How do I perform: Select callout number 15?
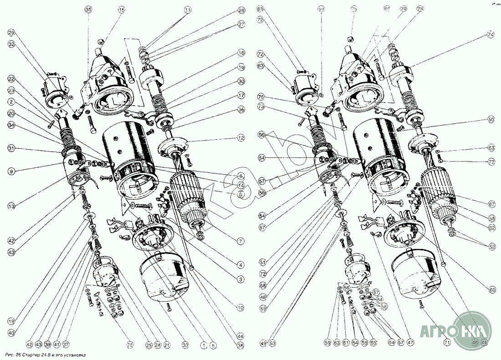[121, 10]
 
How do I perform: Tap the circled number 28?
[241, 10]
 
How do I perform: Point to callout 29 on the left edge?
[11, 32]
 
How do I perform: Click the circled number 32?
[11, 44]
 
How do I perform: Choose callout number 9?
[11, 171]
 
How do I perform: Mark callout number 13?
[11, 206]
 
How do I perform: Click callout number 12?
[241, 137]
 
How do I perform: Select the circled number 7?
[241, 241]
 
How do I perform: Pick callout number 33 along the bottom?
[184, 345]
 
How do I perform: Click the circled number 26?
[130, 345]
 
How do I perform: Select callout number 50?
[491, 119]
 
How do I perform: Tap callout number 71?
[447, 342]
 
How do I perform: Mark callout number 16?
[241, 53]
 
